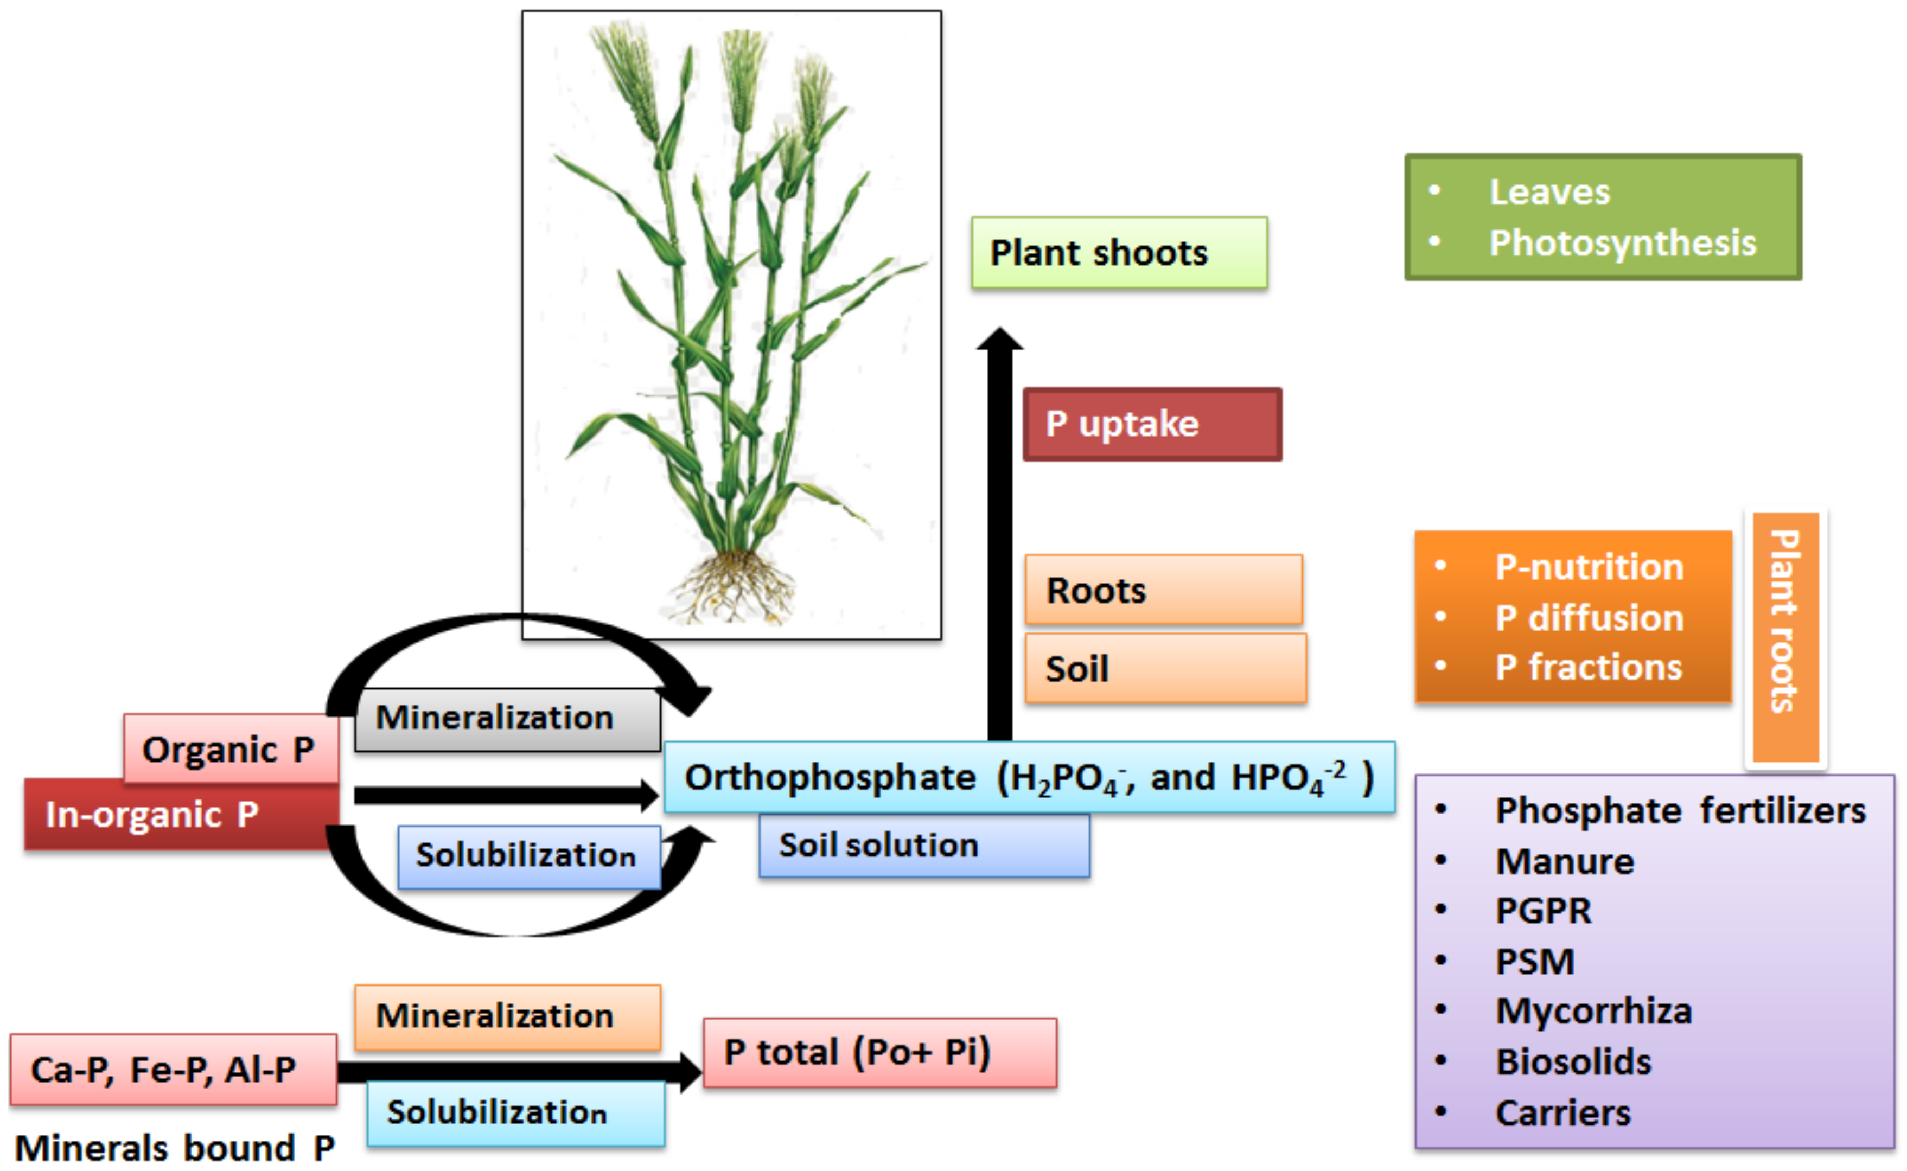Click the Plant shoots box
1119,252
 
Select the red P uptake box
1152,424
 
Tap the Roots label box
1163,590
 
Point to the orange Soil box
1165,668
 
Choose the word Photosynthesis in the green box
1622,243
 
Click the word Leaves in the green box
1549,192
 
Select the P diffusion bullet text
1589,618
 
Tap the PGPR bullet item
1543,911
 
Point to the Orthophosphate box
1029,777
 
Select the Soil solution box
923,845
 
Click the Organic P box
230,749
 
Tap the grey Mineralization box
507,719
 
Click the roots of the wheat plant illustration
732,587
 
